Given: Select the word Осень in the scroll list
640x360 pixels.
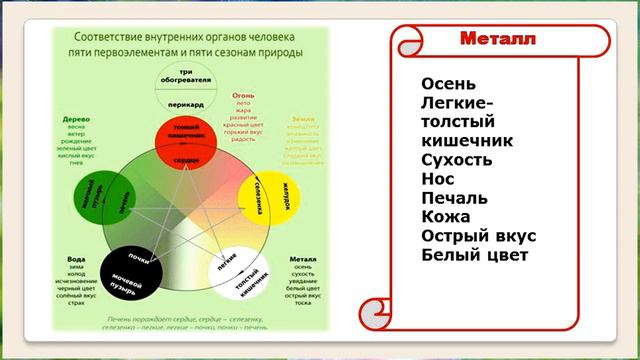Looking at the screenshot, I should point(449,84).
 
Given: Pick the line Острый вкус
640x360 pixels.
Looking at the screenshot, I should point(479,236).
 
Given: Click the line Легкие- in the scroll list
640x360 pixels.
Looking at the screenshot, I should point(458,103).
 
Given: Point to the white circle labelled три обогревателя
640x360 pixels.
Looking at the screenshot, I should point(180,80).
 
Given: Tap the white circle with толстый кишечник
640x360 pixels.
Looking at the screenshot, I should point(237,272).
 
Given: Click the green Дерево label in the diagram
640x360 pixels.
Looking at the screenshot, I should point(77,117).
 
